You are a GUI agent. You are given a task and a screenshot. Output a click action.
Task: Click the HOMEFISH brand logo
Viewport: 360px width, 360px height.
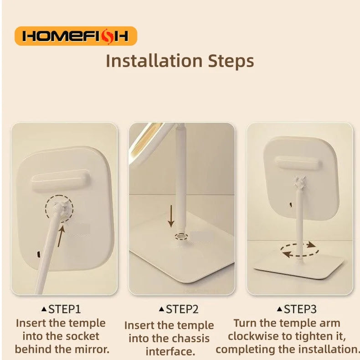pyautogui.click(x=76, y=36)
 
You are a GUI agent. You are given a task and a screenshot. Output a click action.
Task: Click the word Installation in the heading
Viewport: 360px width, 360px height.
pyautogui.click(x=154, y=61)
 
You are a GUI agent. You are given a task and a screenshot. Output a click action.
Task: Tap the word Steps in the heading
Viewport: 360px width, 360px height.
pyautogui.click(x=231, y=62)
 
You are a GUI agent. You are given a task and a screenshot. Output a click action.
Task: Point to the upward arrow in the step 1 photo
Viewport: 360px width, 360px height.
pyautogui.click(x=61, y=236)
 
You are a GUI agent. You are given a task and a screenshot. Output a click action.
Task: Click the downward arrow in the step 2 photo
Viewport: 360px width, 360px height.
pyautogui.click(x=171, y=216)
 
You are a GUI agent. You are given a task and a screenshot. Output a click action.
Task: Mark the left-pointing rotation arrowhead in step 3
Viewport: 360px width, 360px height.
pyautogui.click(x=286, y=254)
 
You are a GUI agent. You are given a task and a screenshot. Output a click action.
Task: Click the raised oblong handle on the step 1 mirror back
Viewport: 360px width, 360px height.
pyautogui.click(x=61, y=181)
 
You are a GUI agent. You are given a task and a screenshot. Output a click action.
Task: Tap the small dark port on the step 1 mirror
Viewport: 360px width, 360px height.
pyautogui.click(x=39, y=254)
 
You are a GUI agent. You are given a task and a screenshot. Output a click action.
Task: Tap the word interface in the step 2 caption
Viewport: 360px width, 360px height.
pyautogui.click(x=170, y=351)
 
